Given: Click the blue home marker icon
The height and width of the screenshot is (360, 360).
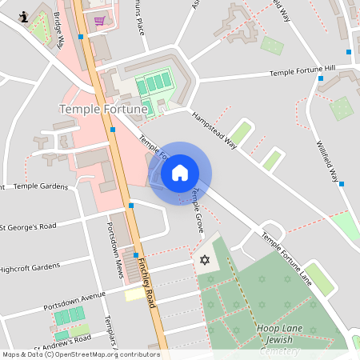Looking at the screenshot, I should [179, 173].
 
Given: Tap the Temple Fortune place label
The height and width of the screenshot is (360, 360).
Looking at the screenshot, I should [104, 108].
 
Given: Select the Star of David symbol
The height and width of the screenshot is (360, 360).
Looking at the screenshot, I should [204, 260].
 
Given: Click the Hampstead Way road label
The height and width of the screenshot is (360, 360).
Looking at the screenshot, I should [215, 129].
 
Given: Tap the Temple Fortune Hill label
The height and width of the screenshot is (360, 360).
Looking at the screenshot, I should [302, 72].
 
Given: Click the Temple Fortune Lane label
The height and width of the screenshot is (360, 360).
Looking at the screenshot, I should [286, 257].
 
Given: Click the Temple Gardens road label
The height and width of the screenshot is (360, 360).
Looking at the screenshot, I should [41, 186].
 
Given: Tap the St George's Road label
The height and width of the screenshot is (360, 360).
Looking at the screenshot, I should [33, 226].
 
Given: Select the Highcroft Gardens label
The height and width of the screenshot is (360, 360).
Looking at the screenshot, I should [30, 266].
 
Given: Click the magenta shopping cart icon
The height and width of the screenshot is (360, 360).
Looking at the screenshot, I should [99, 21].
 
